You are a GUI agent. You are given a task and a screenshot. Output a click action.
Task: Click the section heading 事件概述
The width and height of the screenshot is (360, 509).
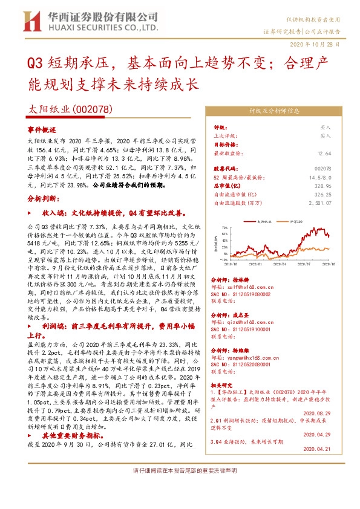[42, 129]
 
